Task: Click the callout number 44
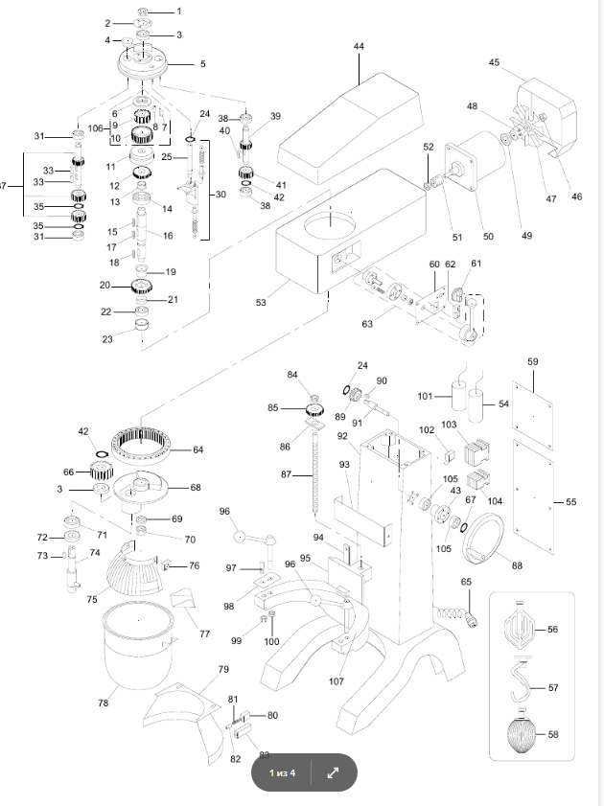[358, 46]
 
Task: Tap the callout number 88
[517, 565]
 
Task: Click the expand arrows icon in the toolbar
[333, 773]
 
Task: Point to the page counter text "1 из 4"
[282, 773]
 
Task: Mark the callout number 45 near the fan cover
[495, 63]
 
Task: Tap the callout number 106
[95, 127]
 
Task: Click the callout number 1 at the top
[176, 11]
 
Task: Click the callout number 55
[571, 502]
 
